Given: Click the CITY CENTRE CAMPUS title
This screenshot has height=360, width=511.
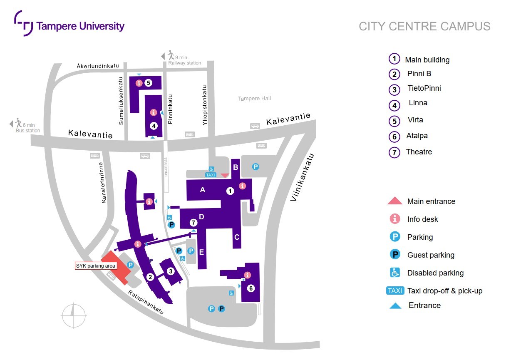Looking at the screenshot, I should click(424, 27).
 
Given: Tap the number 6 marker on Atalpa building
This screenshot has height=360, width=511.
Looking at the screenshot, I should click(251, 288).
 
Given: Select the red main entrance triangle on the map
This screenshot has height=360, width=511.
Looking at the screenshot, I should click(225, 176).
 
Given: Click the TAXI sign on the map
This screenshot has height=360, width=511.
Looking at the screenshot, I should click(211, 175).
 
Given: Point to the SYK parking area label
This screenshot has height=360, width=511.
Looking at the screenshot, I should click(95, 266).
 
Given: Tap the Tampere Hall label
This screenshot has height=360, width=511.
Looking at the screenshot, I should click(254, 99).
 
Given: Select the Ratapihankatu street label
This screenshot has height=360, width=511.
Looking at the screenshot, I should click(146, 302).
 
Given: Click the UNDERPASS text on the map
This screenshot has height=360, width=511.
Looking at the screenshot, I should click(166, 166).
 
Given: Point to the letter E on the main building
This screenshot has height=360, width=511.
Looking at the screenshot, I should click(201, 252).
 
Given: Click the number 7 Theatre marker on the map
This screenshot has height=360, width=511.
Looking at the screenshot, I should click(193, 223).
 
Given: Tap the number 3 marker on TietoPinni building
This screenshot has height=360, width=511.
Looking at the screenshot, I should click(170, 271).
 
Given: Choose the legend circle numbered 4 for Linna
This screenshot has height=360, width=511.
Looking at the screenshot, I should click(394, 105).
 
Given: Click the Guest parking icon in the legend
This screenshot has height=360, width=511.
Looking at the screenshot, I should click(394, 255).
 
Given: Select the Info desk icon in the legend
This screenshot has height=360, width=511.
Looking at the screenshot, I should click(394, 219).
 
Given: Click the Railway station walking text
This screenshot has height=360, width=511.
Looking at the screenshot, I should click(184, 60).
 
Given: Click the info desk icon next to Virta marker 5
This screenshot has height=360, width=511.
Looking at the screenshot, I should click(139, 83).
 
